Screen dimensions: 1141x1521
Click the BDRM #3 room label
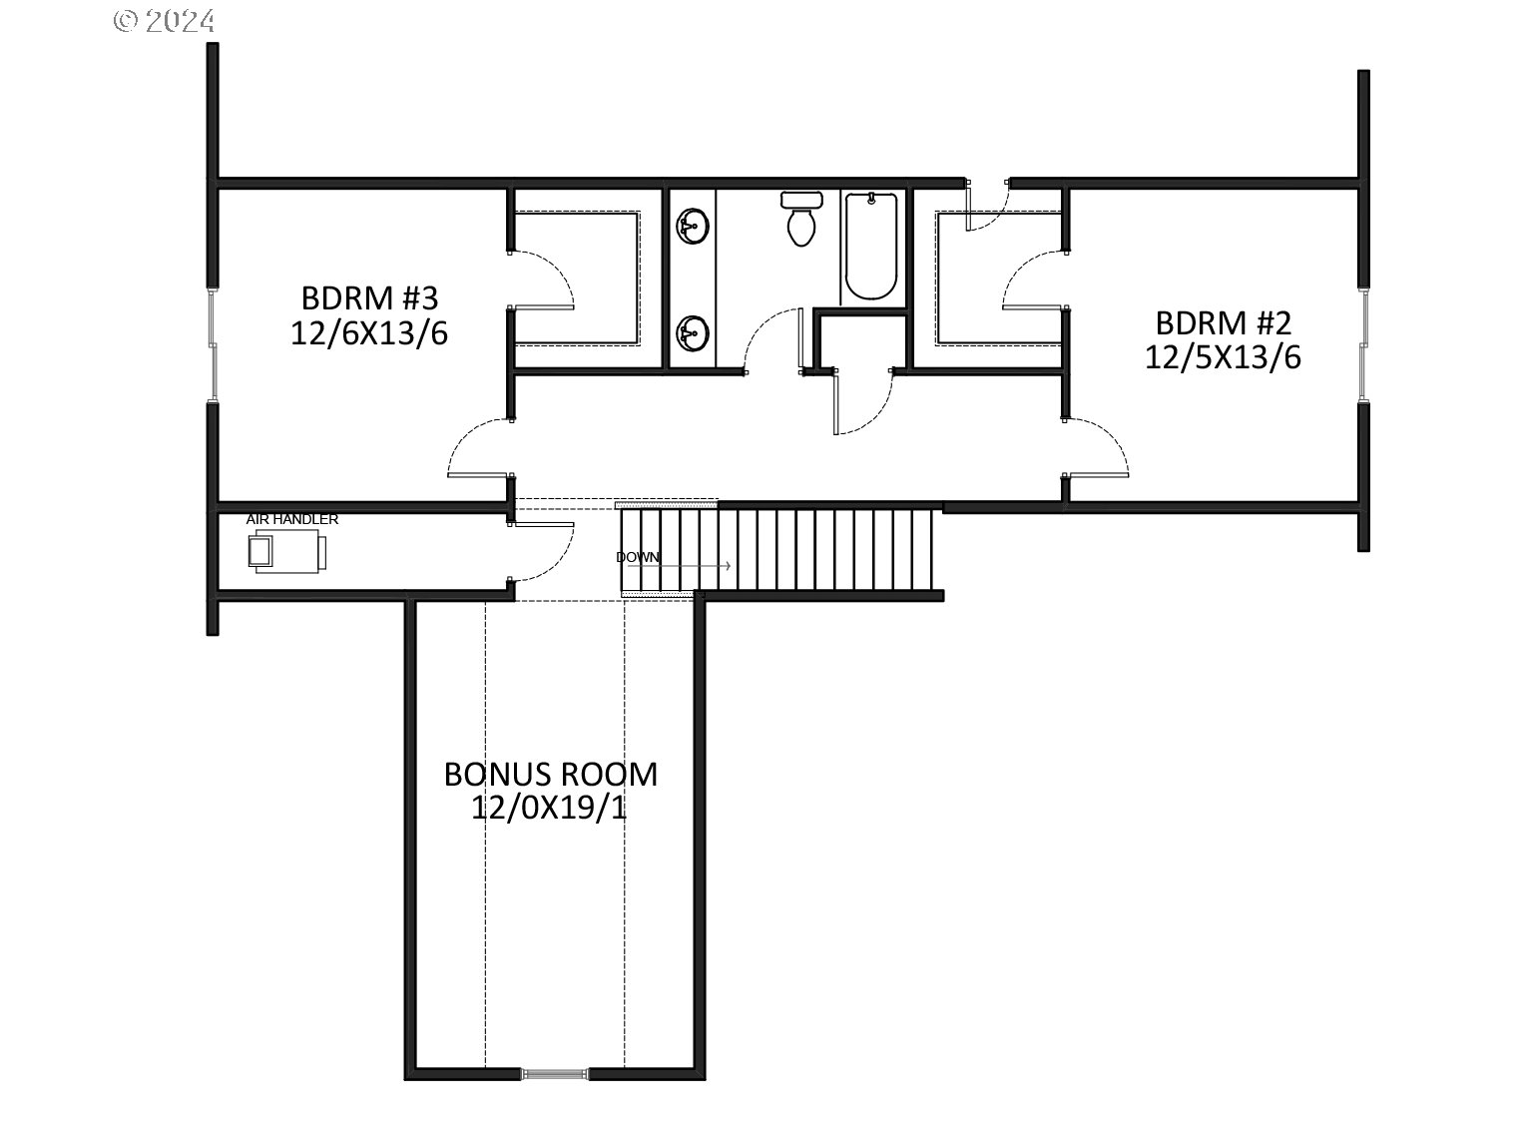point(369,298)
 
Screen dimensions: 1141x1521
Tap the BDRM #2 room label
point(1223,322)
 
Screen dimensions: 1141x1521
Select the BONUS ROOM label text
point(550,774)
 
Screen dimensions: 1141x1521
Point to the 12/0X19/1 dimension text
point(549,808)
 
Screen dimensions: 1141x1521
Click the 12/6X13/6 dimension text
point(369,332)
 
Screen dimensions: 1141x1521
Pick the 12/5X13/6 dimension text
point(1223,357)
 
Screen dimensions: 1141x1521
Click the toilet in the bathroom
point(801,219)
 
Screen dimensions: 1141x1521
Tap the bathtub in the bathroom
point(870,247)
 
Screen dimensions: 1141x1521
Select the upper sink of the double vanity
point(691,225)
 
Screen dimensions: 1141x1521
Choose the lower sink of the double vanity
point(691,332)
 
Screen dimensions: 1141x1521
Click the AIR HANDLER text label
point(292,519)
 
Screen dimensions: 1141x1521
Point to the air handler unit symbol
point(286,551)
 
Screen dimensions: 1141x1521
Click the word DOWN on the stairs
point(638,557)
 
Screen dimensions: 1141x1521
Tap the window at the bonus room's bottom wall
point(553,1074)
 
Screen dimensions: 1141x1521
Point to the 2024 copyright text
point(165,21)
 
